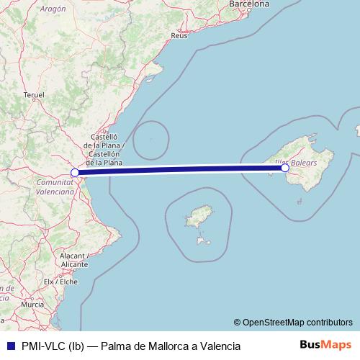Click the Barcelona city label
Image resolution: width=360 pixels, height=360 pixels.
coord(248,4)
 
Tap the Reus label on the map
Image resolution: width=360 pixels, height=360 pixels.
coord(180,35)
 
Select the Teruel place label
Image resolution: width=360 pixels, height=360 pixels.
coord(34,94)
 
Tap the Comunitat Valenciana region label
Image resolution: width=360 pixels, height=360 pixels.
coord(55,188)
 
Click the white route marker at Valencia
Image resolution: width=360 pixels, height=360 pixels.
coord(75,173)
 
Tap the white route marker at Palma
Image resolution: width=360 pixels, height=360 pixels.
coord(285,168)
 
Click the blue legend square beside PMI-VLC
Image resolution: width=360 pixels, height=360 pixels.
coord(9,346)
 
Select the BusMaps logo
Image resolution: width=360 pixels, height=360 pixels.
coord(325,346)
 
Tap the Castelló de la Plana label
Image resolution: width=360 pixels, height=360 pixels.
coord(109,149)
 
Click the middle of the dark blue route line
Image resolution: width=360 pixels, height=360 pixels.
coord(180,170)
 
